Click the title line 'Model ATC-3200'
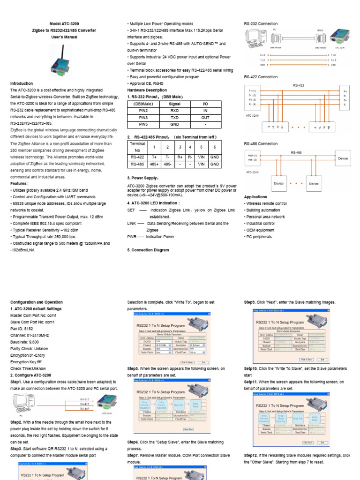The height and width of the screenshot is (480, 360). point(64,23)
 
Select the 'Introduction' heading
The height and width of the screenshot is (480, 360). point(22,83)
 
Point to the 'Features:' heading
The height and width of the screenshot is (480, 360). point(19,184)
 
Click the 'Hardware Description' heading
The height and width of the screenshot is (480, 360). point(147,90)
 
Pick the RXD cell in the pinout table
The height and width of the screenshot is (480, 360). point(174,111)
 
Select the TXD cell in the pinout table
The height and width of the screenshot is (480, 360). point(174,118)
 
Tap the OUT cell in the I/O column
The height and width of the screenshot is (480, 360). point(205,118)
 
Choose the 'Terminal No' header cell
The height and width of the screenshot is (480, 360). point(137,147)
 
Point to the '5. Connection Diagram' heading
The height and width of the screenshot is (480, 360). point(148,250)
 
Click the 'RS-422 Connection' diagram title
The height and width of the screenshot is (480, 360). point(261,77)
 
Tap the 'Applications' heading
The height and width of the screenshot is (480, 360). point(255,197)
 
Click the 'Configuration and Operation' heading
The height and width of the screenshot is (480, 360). point(36,302)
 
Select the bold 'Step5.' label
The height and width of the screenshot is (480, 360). point(133,368)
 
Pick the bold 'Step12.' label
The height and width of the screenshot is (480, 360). point(251,455)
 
